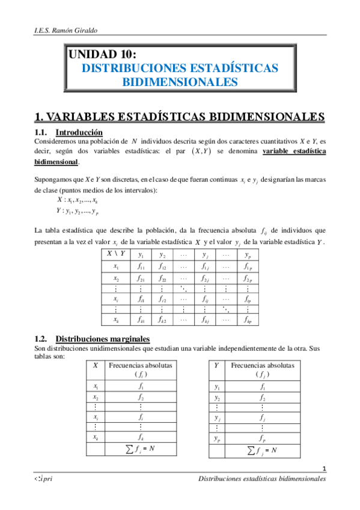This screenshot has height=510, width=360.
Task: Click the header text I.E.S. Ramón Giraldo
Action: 61,30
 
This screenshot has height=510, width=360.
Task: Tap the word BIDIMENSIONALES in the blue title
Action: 180,82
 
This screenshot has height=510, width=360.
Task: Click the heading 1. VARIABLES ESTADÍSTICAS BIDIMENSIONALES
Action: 180,116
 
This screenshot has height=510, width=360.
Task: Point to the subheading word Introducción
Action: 79,132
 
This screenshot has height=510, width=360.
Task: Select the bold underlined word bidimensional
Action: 56,162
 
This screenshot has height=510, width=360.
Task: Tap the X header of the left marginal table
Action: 96,364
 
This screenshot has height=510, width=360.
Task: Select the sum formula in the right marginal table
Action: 261,450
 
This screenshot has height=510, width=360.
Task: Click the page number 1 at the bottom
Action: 324,469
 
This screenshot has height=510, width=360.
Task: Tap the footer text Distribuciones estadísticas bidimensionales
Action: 262,479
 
